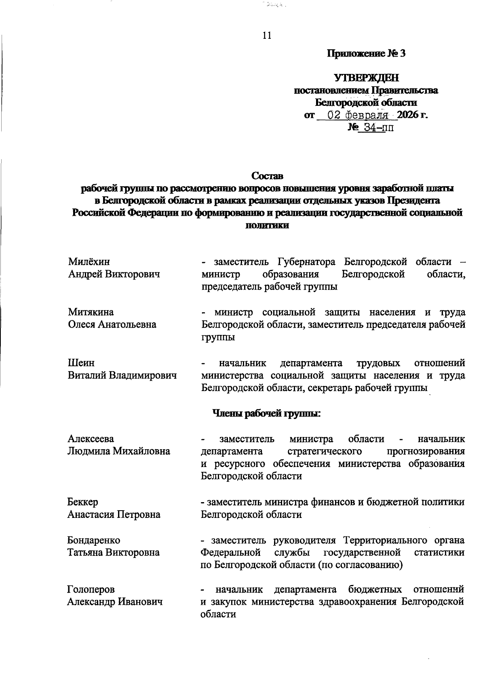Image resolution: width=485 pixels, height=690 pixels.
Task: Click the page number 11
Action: point(267,36)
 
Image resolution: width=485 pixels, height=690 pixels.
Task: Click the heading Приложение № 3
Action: point(366,54)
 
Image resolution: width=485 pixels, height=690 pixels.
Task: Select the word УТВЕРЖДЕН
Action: point(366,77)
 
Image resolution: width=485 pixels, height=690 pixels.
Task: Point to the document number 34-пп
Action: point(378,128)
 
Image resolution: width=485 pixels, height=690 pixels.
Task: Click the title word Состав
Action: point(267,176)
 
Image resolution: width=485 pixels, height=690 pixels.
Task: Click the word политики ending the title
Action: point(267,225)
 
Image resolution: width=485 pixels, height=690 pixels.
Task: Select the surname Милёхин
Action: point(89,262)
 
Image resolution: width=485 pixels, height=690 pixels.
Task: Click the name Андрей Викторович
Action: point(114,274)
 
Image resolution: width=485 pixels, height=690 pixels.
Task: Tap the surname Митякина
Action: point(91,312)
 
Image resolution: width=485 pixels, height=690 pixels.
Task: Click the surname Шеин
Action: point(81,363)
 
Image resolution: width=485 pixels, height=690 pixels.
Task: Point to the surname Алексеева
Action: point(91,439)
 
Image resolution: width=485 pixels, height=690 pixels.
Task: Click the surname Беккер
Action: point(82,502)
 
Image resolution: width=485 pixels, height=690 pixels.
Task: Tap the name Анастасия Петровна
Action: point(114,515)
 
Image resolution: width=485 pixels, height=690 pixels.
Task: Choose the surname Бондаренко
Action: point(94,540)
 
